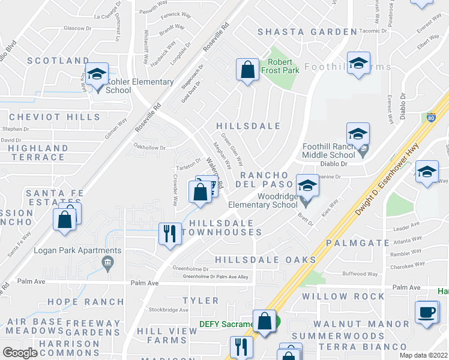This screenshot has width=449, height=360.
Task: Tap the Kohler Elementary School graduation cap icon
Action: tap(97, 74)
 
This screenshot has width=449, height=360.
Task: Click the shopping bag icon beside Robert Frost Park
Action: tap(247, 70)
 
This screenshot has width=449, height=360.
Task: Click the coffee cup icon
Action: tap(427, 312)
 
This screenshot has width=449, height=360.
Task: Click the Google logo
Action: tap(20, 353)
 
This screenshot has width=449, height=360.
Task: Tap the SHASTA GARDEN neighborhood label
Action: tap(307, 32)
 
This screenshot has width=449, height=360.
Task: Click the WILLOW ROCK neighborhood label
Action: tap(343, 296)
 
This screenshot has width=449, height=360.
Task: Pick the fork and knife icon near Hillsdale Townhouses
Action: tap(170, 233)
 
